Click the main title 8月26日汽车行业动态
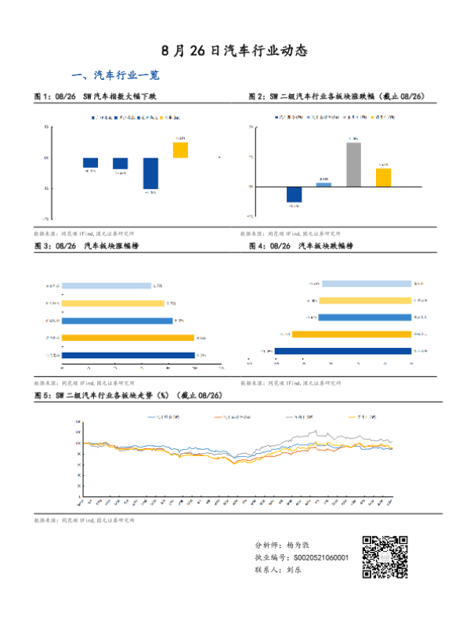click(x=234, y=51)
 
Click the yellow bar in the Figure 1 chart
click(x=180, y=150)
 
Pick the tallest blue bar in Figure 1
click(x=151, y=173)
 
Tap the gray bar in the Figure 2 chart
click(x=353, y=165)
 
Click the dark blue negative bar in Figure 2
click(x=295, y=195)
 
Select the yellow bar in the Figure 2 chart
click(x=383, y=178)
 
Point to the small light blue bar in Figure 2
click(x=324, y=185)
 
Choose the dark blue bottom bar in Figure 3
click(x=128, y=355)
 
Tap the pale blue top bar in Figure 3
click(x=106, y=286)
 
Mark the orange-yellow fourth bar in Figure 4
click(x=351, y=334)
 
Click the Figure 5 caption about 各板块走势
click(x=129, y=395)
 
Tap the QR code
click(x=385, y=556)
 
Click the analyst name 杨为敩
click(x=302, y=543)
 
